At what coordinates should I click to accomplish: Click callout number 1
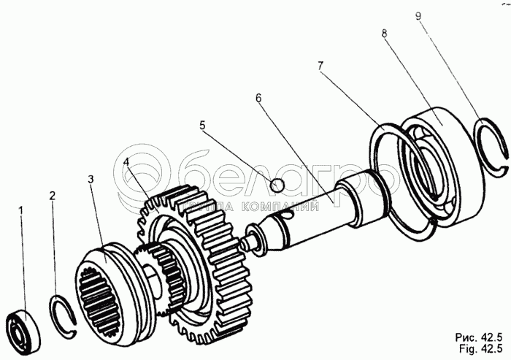tap(21, 211)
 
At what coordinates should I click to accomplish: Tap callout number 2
tap(53, 196)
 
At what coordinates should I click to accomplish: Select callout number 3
tap(91, 179)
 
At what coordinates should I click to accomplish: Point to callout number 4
tap(126, 162)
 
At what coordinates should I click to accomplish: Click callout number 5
tap(202, 125)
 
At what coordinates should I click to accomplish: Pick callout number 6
tap(258, 98)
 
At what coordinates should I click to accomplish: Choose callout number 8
tap(384, 34)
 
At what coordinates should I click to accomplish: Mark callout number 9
tap(419, 16)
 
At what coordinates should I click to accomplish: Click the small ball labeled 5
tap(278, 185)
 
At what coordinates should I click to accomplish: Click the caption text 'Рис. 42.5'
tap(478, 337)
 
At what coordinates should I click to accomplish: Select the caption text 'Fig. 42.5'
tap(481, 349)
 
